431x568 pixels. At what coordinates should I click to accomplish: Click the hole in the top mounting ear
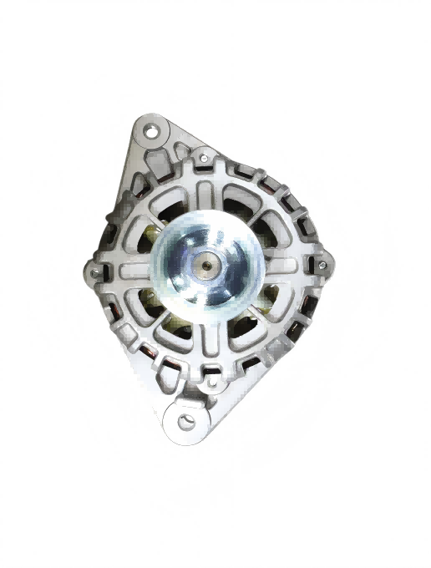coord(152,130)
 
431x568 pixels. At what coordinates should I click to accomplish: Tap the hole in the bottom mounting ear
coord(185,421)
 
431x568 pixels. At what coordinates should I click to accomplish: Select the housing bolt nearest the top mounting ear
coord(203,156)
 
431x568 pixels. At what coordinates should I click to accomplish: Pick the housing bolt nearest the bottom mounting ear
coord(210,383)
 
